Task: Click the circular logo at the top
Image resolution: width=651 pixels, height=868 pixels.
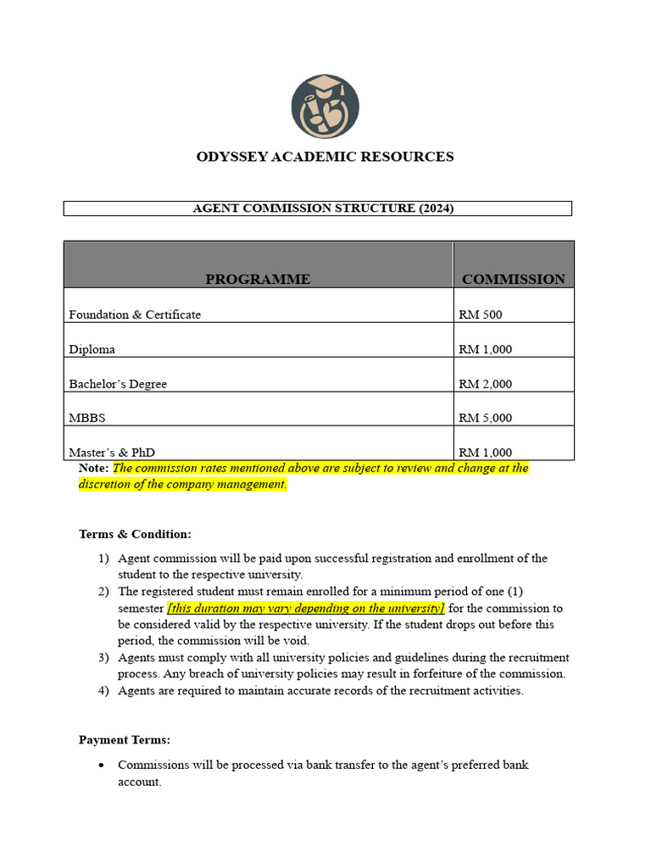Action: [325, 107]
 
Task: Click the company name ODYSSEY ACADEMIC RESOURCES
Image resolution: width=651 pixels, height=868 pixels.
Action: [325, 157]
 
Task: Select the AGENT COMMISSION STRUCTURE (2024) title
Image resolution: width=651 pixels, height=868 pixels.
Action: [323, 209]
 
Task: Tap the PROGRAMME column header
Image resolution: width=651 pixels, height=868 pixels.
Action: [258, 279]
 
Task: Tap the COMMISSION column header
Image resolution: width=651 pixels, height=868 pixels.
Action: [513, 279]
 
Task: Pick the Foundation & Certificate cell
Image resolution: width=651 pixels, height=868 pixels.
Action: [135, 314]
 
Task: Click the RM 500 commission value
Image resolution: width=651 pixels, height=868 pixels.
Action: [481, 314]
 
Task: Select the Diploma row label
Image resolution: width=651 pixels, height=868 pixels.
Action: [92, 349]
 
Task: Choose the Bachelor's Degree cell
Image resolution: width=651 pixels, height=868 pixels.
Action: [118, 384]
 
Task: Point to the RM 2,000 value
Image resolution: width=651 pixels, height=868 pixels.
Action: [485, 384]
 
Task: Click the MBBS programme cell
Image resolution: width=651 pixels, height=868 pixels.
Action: [87, 418]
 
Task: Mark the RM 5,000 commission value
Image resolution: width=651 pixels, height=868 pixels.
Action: [485, 418]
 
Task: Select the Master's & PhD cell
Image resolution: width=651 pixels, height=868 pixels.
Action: [112, 453]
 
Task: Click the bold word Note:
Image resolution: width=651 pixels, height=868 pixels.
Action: [93, 468]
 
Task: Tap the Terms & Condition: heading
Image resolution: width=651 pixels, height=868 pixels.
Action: [135, 534]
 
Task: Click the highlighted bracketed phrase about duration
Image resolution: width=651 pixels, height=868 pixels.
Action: [306, 609]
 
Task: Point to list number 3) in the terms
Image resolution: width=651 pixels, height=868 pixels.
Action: [103, 658]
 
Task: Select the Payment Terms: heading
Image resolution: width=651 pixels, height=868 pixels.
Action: [125, 740]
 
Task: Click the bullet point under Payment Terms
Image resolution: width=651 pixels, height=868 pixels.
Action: [102, 765]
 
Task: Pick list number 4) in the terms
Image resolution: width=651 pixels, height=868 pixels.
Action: [103, 691]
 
